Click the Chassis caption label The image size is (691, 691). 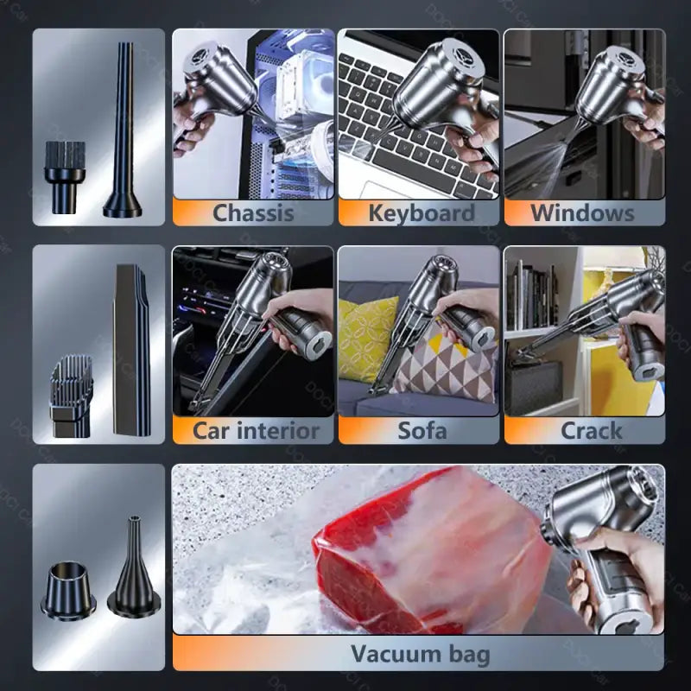point(254,212)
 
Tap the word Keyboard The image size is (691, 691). point(421,212)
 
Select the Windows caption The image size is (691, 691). point(582,212)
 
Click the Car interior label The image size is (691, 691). point(256,430)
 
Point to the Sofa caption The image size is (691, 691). point(422,430)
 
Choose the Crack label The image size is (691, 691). point(591,430)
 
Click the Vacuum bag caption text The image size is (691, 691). point(420,654)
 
